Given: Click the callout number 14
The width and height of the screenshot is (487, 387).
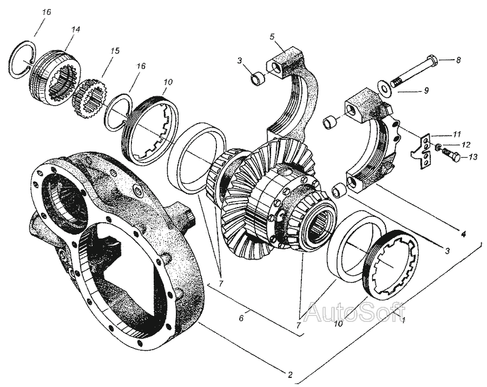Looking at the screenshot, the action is coord(75,30).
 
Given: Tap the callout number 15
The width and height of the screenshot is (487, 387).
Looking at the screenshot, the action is coord(115,51).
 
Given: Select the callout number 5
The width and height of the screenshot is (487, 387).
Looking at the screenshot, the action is coord(272,37).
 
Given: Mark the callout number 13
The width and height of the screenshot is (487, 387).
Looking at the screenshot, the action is coord(473,157).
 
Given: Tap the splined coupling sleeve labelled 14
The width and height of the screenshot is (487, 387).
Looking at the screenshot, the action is coord(55,77).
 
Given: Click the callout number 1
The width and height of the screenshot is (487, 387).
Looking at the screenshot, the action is coord(403,319).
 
